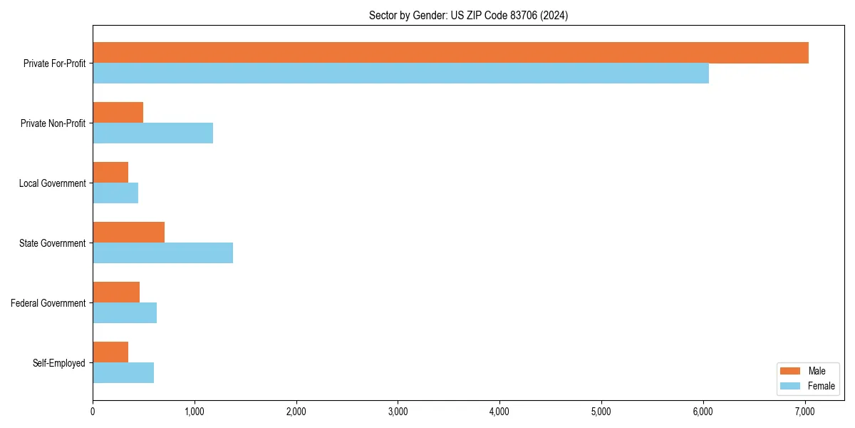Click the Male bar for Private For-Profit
pyautogui.click(x=450, y=53)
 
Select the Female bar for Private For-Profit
pyautogui.click(x=400, y=73)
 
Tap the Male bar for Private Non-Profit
pyautogui.click(x=118, y=113)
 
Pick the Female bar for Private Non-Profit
pyautogui.click(x=152, y=133)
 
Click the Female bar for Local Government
pyautogui.click(x=115, y=193)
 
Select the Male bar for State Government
pyautogui.click(x=128, y=233)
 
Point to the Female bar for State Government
pyautogui.click(x=162, y=253)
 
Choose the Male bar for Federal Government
pyautogui.click(x=116, y=292)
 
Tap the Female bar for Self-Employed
pyautogui.click(x=123, y=373)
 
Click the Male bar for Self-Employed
pyautogui.click(x=110, y=352)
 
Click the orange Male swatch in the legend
pyautogui.click(x=791, y=371)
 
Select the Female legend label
pyautogui.click(x=822, y=386)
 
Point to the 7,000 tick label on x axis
pyautogui.click(x=805, y=411)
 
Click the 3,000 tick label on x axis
pyautogui.click(x=398, y=411)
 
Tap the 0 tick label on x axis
pyautogui.click(x=93, y=411)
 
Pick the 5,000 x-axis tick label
pyautogui.click(x=601, y=411)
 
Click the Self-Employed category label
pyautogui.click(x=59, y=363)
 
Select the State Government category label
pyautogui.click(x=52, y=243)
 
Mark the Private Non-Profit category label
pyautogui.click(x=53, y=123)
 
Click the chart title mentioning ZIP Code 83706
pyautogui.click(x=468, y=15)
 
